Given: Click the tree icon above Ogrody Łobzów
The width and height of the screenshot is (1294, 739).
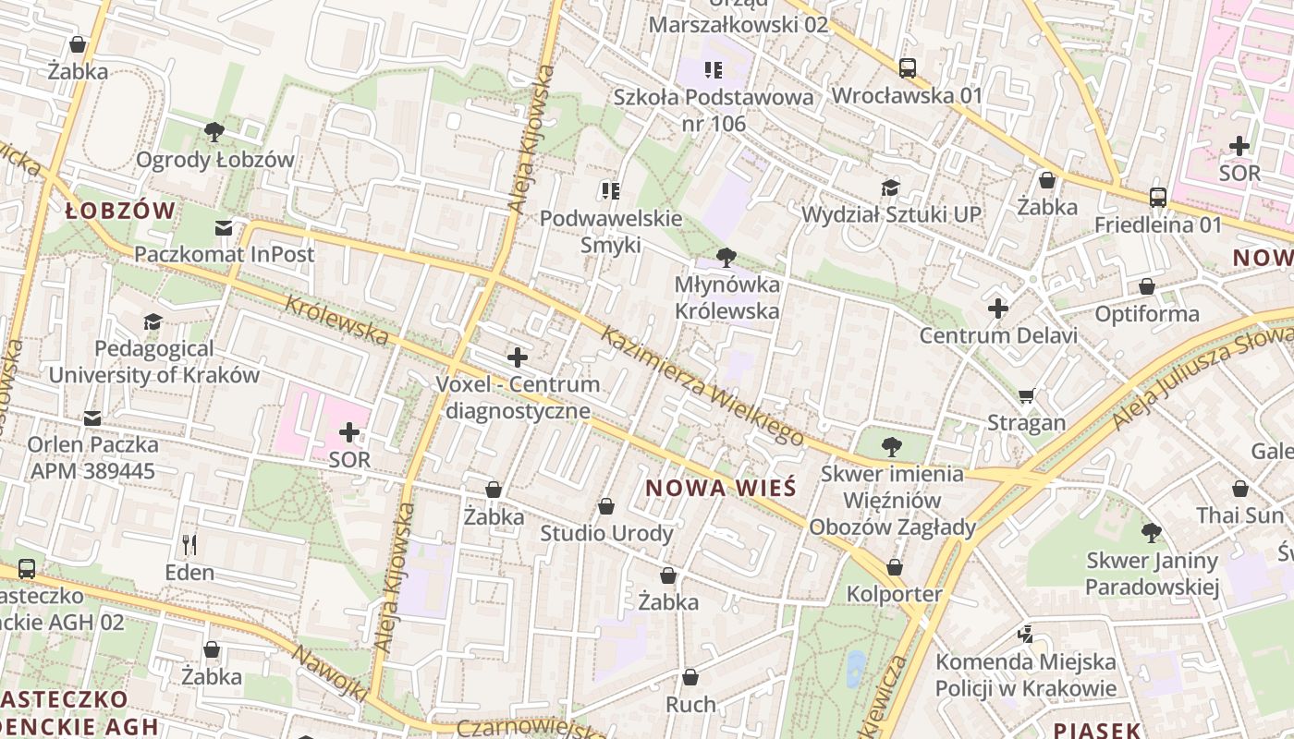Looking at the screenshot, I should pos(214,132).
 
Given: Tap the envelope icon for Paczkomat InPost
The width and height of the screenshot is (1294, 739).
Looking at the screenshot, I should pos(224,227).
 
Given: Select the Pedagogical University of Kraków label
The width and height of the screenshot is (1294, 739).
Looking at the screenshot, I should pos(153,362).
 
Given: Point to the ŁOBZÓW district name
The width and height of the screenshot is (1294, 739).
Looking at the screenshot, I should pos(120,211).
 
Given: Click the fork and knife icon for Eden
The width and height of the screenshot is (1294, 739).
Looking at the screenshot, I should pos(189,544).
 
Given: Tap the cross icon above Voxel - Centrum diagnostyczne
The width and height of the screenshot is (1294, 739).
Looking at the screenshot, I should pos(518,357).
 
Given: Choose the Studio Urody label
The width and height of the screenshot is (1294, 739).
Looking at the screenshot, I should pos(606,533).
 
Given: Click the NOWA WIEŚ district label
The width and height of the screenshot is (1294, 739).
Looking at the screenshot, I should pos(721,488).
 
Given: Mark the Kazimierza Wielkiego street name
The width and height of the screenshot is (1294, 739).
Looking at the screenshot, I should pos(702,386).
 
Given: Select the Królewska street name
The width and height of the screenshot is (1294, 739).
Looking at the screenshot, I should pos(336,321).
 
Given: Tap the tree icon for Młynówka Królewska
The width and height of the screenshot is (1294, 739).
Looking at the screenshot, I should pos(726,258).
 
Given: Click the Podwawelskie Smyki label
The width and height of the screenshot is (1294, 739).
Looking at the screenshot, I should pos(610,232).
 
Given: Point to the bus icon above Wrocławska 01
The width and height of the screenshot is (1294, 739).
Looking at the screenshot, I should pos(908,67).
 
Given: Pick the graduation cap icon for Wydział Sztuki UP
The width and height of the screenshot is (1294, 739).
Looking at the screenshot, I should pos(890,188).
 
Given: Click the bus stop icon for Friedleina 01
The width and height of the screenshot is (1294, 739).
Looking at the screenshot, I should pos(1157,197).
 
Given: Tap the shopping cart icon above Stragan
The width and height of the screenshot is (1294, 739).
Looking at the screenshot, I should pos(1026,395).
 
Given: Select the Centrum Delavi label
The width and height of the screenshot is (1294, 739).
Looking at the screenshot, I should pos(997,335).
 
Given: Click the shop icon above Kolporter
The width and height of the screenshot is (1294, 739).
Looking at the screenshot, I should pos(894,566).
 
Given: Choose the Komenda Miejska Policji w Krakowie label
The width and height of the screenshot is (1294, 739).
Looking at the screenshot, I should pos(1025,675).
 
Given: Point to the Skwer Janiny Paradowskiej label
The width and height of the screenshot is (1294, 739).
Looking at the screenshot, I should pos(1152,574).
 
